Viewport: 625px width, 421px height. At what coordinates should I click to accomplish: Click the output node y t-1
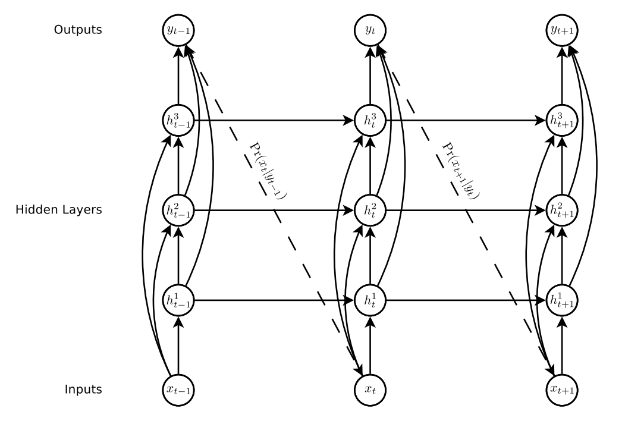tap(178, 30)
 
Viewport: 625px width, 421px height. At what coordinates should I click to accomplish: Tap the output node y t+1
tap(562, 30)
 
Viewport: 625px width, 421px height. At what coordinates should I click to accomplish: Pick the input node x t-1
tap(178, 389)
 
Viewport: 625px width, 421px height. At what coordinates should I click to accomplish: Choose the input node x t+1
tap(562, 389)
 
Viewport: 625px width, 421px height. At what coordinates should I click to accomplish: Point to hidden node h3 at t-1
tap(178, 120)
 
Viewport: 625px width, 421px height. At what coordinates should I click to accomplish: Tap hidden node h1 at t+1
tap(562, 300)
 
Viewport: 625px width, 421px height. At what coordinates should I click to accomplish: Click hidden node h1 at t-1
tap(178, 300)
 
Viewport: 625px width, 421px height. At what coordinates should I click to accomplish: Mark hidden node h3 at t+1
tap(562, 120)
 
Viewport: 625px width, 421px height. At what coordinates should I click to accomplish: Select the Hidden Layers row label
tap(58, 210)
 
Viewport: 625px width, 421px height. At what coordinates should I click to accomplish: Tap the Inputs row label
tap(84, 389)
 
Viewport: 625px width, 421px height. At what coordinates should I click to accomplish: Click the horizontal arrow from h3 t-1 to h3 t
tap(274, 120)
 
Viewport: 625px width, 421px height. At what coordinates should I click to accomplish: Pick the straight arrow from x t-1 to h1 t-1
tap(178, 345)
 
